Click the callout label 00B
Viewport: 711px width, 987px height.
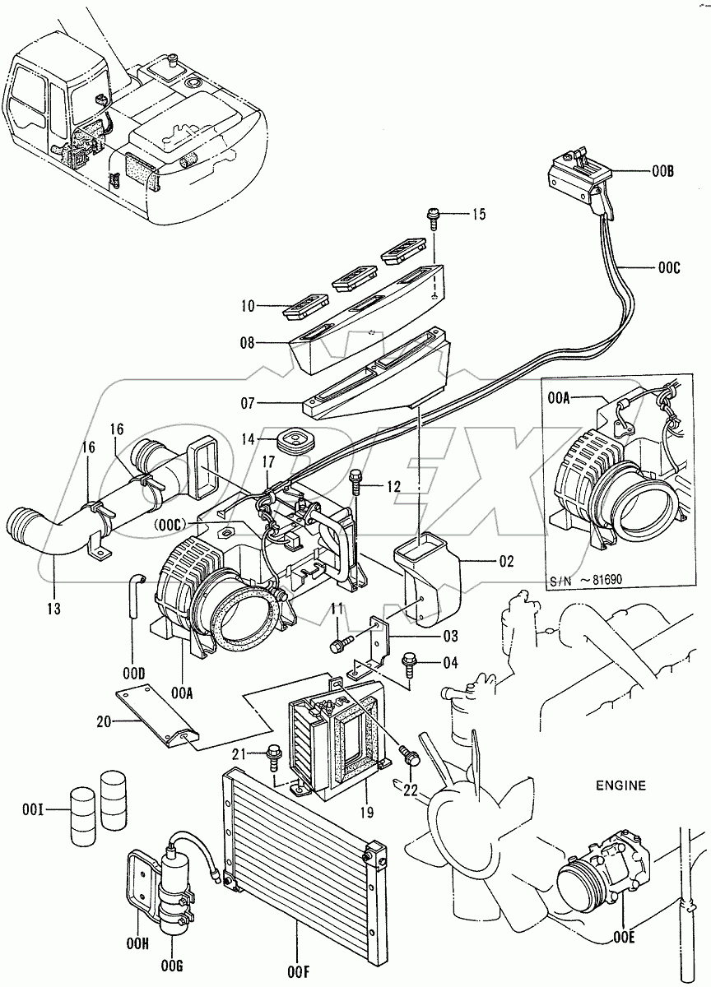tap(662, 173)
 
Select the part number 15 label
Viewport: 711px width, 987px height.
tap(478, 215)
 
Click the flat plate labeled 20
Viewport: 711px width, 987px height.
tap(156, 716)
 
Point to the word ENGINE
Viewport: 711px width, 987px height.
tap(621, 785)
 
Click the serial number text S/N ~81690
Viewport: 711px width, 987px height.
tap(585, 578)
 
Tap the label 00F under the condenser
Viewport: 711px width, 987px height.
tap(300, 971)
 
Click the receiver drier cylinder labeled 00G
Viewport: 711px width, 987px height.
tap(176, 880)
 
